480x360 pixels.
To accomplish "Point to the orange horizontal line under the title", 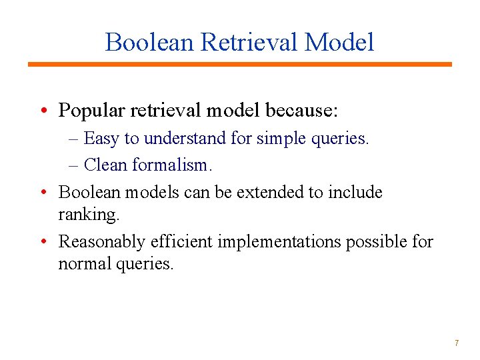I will click(239, 64).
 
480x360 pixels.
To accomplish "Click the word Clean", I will click(107, 163).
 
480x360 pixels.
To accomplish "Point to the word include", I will click(354, 192).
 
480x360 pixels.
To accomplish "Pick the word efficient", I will click(183, 241).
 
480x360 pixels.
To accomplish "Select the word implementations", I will click(279, 241).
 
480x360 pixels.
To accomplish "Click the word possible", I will click(376, 241).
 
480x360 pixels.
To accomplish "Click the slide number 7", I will click(456, 343).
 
